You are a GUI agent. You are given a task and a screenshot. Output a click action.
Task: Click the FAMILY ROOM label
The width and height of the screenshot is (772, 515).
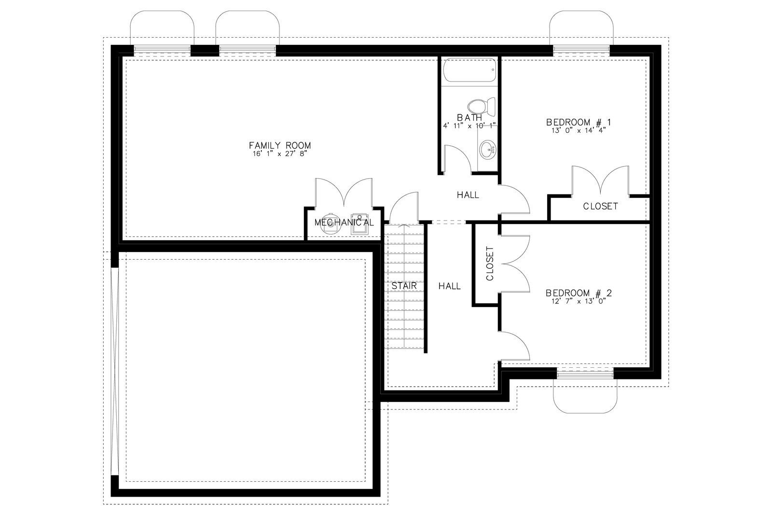(280, 145)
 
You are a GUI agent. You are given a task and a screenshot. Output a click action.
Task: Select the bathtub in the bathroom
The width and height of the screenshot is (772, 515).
(470, 70)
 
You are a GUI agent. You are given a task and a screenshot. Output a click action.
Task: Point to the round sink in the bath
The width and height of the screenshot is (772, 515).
(488, 149)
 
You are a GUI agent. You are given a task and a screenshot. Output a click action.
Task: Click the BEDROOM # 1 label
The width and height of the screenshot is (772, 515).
(579, 123)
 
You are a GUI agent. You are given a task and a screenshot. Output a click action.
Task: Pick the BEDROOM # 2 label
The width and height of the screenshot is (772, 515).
(579, 293)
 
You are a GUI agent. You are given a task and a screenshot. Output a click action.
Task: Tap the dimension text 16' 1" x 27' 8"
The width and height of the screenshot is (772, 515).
(280, 154)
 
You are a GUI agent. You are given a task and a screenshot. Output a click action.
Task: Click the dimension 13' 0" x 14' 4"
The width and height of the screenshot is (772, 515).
(579, 131)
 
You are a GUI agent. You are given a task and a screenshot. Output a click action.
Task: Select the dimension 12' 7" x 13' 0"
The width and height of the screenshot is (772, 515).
(579, 301)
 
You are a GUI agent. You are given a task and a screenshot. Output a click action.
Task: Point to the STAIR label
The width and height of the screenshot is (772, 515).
(404, 286)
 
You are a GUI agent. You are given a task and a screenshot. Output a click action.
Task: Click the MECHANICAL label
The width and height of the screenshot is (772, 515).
(344, 223)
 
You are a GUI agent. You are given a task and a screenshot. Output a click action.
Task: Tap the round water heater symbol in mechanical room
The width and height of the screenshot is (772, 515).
(331, 224)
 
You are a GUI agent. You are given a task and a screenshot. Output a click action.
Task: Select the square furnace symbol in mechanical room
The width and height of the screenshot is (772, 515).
(359, 225)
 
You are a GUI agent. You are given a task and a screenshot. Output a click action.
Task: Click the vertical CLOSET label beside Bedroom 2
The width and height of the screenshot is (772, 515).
(490, 264)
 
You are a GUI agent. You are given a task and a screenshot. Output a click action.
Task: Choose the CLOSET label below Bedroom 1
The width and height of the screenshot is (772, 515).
(600, 206)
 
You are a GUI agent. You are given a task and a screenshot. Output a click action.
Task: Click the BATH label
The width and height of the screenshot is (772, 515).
(469, 118)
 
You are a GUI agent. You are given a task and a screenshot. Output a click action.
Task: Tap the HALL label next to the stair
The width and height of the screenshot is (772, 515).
(449, 286)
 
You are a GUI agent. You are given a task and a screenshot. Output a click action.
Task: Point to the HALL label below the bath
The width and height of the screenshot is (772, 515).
(468, 195)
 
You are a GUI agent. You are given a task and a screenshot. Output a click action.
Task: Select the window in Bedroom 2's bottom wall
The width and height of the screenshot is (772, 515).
(585, 374)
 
